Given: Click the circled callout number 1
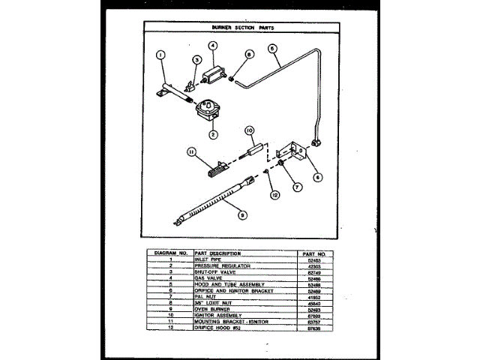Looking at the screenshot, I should [160, 54].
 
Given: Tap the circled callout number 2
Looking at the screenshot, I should [213, 135].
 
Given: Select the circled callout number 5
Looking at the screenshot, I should [272, 47].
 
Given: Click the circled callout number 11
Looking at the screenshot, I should [191, 151].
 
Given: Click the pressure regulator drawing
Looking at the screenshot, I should [208, 111].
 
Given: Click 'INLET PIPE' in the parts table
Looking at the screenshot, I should [208, 259].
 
